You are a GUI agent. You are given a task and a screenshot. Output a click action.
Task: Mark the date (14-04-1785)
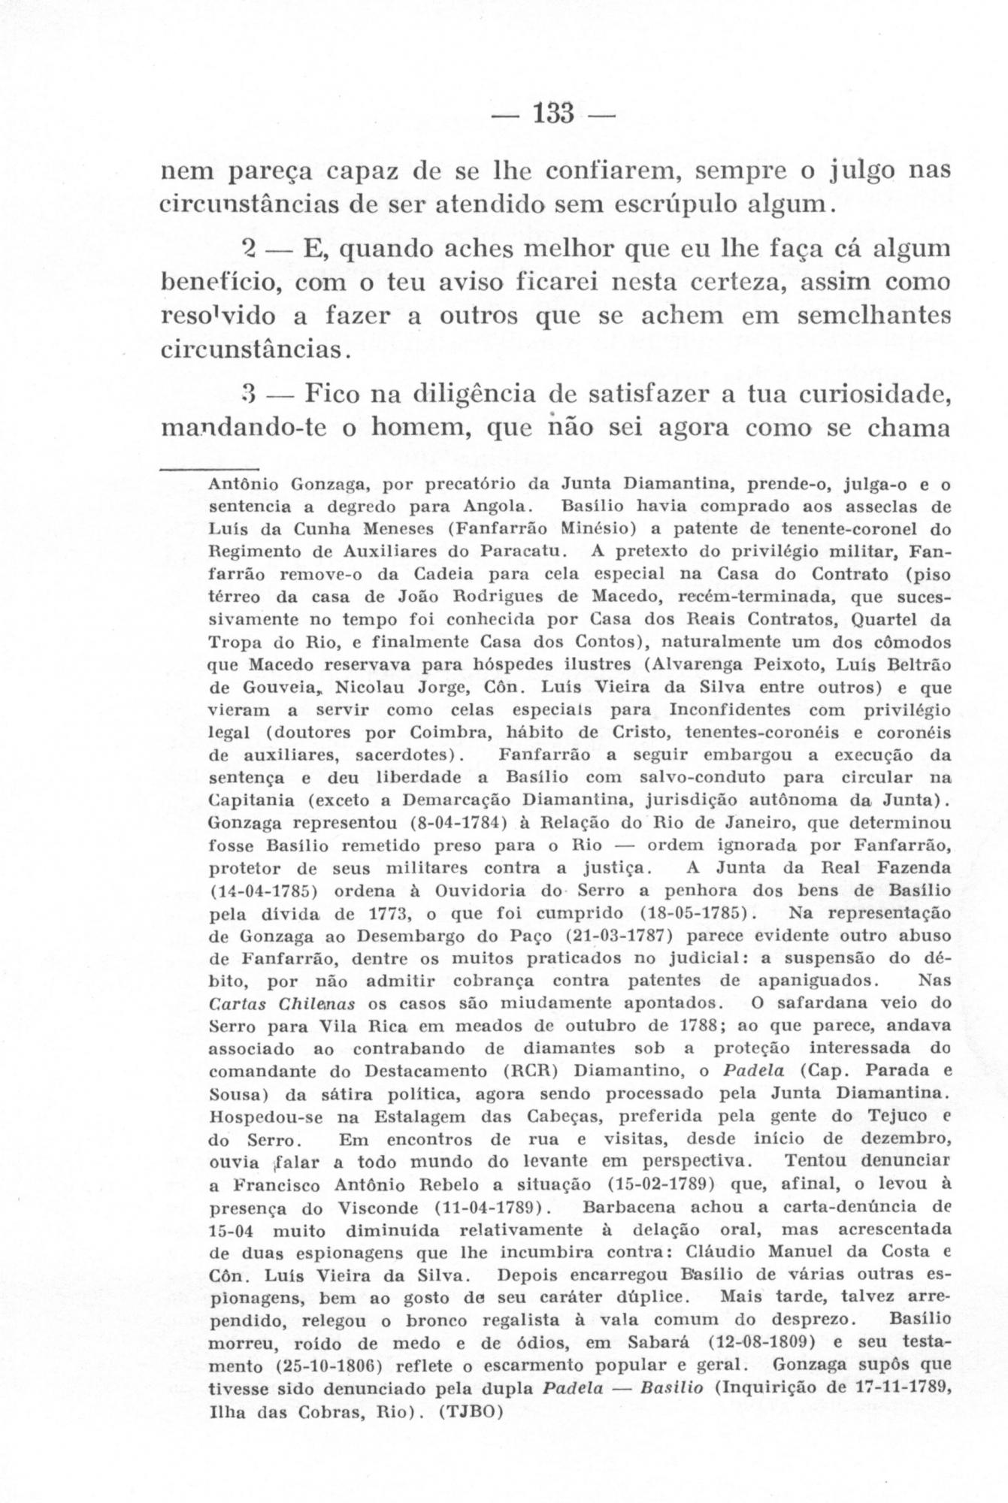261,891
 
